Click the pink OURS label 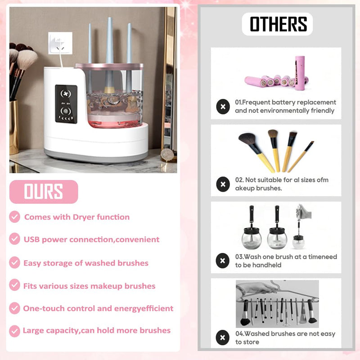[x=44, y=192]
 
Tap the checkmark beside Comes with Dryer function [x=15, y=217]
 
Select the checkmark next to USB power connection [x=15, y=239]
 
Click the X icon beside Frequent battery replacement [x=222, y=107]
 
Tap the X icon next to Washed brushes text [x=222, y=337]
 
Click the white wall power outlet [x=58, y=43]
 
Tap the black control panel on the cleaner [x=66, y=104]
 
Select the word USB [x=32, y=239]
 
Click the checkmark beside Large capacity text [x=15, y=331]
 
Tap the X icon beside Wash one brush [x=222, y=261]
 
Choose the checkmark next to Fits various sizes [x=15, y=285]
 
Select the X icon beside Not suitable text [x=222, y=184]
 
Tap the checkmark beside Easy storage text [x=15, y=262]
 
